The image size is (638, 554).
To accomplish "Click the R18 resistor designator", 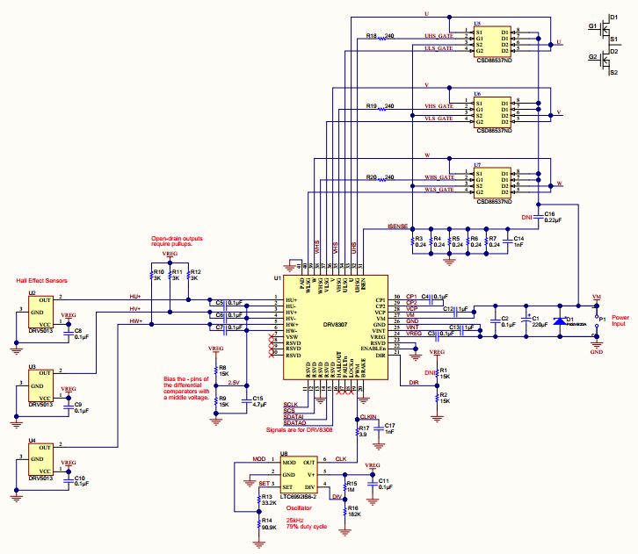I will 372,36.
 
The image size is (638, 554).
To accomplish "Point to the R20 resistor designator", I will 372,177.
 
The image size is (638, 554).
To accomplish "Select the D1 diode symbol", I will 559,320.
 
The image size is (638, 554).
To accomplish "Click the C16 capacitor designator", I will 550,213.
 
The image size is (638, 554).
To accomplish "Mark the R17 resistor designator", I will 364,428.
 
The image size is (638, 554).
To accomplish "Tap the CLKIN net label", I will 368,417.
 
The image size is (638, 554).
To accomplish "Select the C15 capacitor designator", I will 257,398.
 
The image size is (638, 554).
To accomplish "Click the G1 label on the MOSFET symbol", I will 591,27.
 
